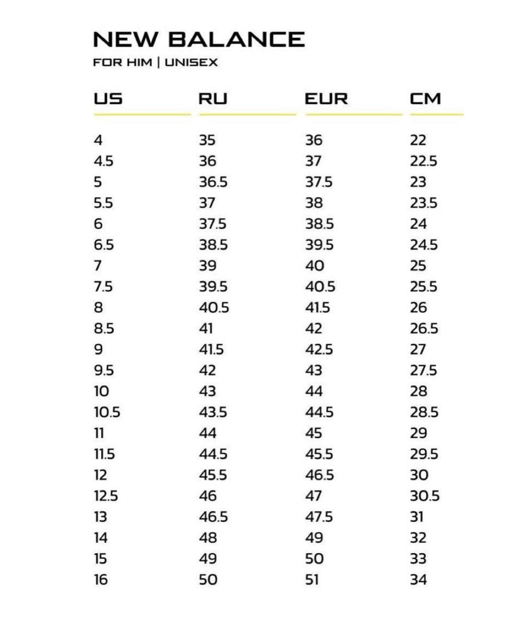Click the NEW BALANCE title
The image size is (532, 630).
coord(199,39)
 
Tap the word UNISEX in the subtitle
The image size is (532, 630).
coord(191,63)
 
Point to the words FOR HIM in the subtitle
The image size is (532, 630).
coord(122,63)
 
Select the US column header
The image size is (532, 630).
coord(108,98)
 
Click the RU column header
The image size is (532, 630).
coord(213,98)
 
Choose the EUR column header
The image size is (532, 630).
coord(326,98)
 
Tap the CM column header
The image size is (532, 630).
coord(425,98)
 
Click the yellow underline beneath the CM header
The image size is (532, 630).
coord(436,114)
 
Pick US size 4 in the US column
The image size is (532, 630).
coord(98,140)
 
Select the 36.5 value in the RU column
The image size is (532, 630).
coord(213,182)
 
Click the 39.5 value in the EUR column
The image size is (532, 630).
coord(319,245)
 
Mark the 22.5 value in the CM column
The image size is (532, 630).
coord(423,161)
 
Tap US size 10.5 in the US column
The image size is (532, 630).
coord(107,412)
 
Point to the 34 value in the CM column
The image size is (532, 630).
coord(418,579)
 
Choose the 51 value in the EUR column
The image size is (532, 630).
coord(312,579)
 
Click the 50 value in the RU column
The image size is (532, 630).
coord(208,579)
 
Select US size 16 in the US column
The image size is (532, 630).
coord(100,579)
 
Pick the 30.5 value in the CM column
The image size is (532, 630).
coord(425,496)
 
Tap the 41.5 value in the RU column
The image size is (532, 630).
coord(211,349)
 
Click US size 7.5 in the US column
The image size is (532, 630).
coord(103,286)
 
